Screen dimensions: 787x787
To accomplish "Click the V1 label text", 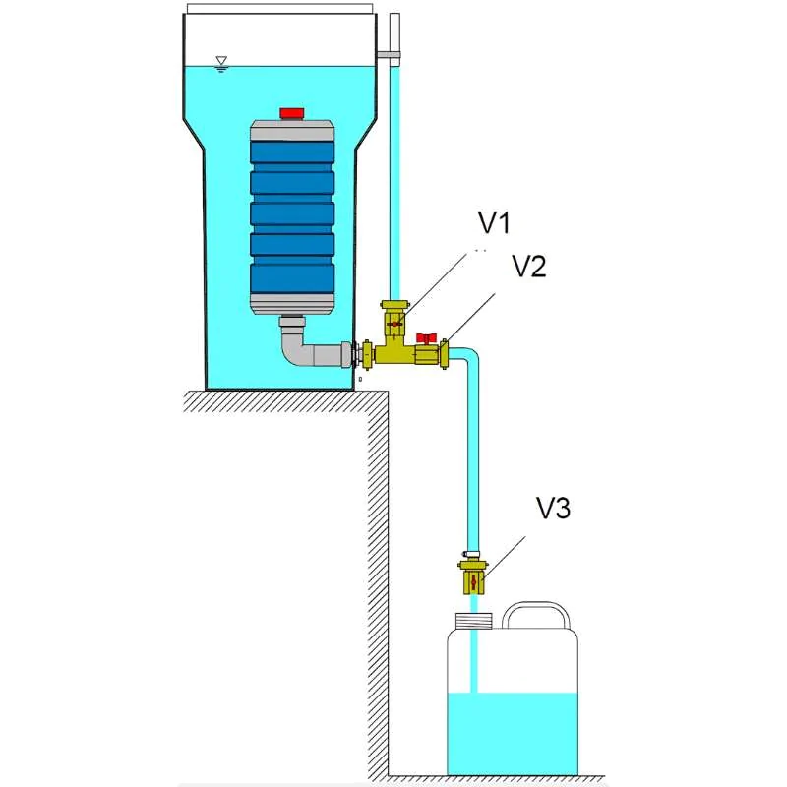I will pyautogui.click(x=495, y=224).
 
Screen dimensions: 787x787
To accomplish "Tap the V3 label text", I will pyautogui.click(x=553, y=508).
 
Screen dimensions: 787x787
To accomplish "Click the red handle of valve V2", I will pyautogui.click(x=426, y=338).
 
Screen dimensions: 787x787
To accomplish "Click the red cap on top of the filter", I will pyautogui.click(x=292, y=113).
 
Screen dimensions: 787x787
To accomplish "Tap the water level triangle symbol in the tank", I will pyautogui.click(x=222, y=61).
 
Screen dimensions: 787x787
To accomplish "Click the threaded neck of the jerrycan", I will pyautogui.click(x=473, y=620).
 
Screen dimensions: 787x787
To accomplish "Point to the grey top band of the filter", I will pyautogui.click(x=292, y=129).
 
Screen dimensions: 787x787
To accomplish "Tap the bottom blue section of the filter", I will pyautogui.click(x=292, y=276).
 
